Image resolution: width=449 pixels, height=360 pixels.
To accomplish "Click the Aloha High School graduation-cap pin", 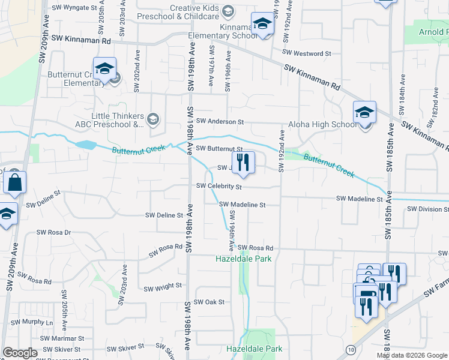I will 364,113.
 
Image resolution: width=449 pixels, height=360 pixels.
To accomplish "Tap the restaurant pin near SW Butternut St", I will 243,163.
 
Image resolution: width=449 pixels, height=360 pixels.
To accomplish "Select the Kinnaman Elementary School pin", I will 262,24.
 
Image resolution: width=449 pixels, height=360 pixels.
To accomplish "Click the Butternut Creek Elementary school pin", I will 104,69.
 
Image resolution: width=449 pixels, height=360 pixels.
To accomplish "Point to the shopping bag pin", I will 14,182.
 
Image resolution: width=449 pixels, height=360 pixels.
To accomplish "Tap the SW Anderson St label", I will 220,121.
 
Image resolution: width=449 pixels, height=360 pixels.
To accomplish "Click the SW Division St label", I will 427,209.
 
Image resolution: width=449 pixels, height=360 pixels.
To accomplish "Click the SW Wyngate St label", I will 74,8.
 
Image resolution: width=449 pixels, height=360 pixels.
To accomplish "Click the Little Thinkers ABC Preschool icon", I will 152,119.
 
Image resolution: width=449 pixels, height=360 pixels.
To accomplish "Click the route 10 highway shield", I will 351,349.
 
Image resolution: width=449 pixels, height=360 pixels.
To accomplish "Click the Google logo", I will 20,353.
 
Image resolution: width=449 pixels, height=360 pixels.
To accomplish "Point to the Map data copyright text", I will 412,355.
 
